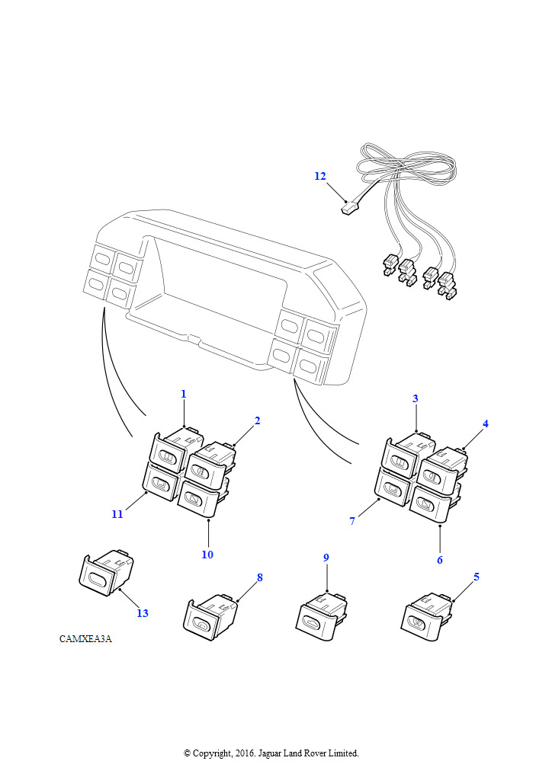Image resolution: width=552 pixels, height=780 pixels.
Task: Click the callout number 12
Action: [x=319, y=176]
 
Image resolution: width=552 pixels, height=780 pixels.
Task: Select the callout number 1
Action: [x=184, y=394]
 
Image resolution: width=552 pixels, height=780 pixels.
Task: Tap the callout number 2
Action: [x=258, y=420]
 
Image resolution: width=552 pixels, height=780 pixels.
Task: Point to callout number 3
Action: [x=416, y=398]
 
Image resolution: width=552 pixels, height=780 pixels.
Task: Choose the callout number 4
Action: [x=485, y=424]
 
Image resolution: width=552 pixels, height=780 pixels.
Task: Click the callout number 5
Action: [x=477, y=577]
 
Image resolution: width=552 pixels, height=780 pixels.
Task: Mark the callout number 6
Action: [x=440, y=560]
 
